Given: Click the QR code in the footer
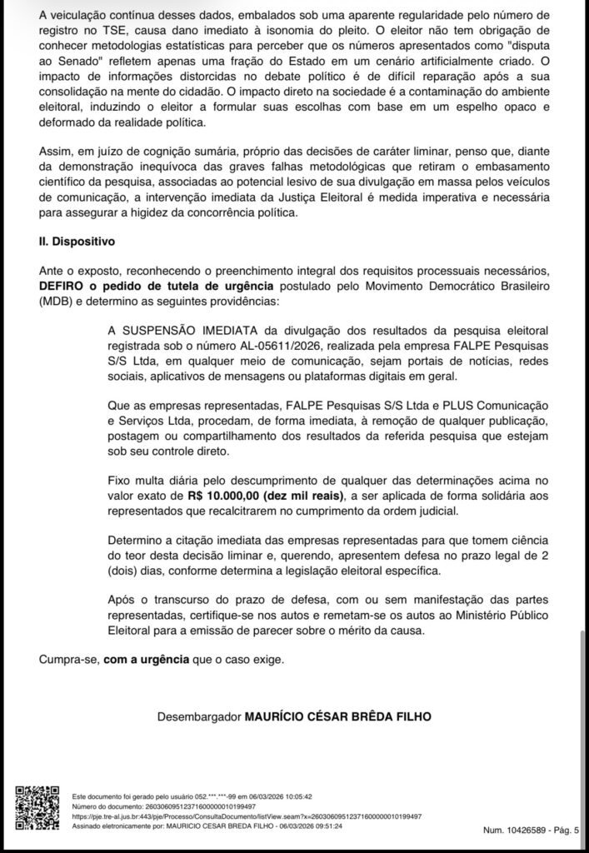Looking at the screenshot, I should click(x=36, y=806).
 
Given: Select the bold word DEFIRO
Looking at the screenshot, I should click(x=62, y=285).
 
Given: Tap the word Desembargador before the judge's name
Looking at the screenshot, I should click(x=197, y=716).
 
